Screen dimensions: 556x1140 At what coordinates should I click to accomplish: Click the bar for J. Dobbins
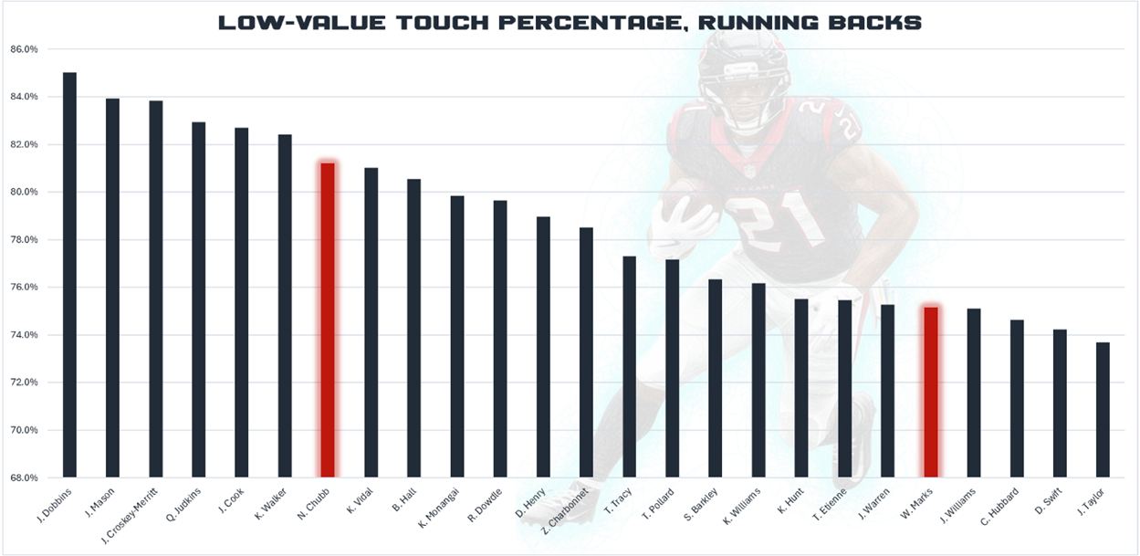click(69, 274)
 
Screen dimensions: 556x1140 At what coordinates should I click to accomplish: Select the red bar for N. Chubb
click(327, 320)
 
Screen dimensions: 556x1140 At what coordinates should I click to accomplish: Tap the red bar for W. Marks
click(929, 392)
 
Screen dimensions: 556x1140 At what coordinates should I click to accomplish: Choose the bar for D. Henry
click(543, 347)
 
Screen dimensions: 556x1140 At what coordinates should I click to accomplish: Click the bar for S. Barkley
click(716, 378)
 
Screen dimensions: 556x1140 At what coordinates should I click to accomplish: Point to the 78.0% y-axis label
click(25, 240)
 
